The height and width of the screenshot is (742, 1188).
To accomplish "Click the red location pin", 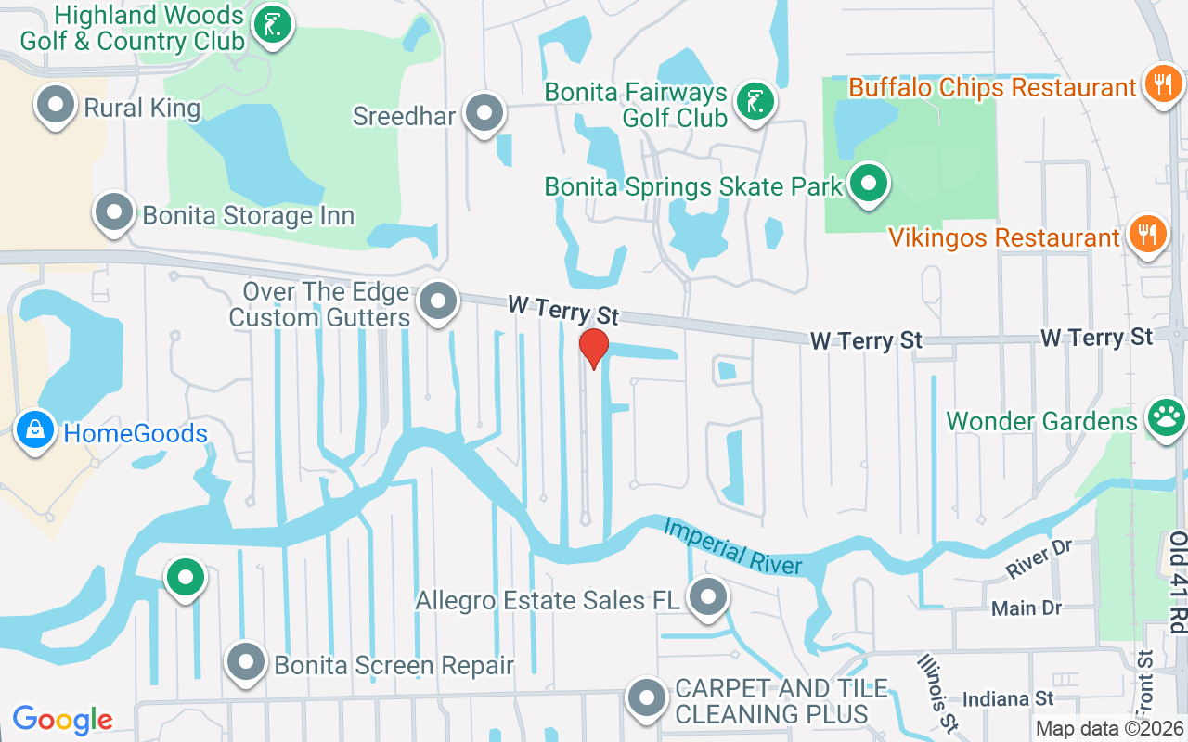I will [x=593, y=347].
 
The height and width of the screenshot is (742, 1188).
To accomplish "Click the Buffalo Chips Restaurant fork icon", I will [x=1161, y=85].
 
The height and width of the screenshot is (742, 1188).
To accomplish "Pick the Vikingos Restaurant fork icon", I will [x=1148, y=236].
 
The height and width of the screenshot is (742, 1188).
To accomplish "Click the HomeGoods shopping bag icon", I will [x=35, y=430].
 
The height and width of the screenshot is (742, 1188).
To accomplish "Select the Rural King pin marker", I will [x=56, y=105].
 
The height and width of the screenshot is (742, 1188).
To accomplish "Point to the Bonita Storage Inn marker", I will [x=114, y=212].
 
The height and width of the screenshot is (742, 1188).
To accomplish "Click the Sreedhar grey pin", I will [x=484, y=113].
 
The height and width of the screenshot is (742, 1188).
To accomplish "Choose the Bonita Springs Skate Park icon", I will [x=869, y=184].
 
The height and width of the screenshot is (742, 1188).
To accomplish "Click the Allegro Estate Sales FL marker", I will [x=708, y=597].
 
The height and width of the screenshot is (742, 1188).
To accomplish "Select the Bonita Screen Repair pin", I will [x=246, y=662].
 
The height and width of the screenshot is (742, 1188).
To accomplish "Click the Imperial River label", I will [x=732, y=546].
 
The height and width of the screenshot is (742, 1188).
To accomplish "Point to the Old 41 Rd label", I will [x=1178, y=582].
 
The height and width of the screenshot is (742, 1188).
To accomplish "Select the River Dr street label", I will [x=1039, y=559].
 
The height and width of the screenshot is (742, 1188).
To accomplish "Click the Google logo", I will [x=62, y=719].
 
